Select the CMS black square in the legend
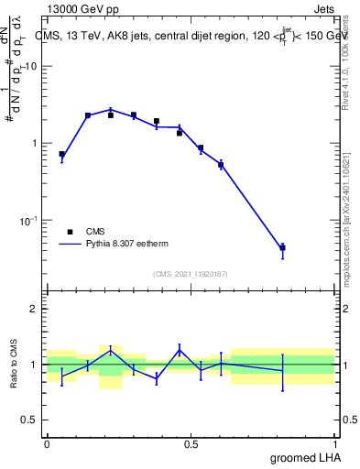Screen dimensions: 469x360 [x=69, y=233]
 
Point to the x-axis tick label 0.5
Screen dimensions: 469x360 [x=191, y=444]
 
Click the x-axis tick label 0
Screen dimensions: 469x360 [x=47, y=444]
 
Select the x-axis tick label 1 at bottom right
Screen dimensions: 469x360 [x=335, y=444]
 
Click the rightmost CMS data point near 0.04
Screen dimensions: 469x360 [x=282, y=247]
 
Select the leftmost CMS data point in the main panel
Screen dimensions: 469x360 [x=61, y=154]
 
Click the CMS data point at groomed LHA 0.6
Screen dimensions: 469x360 [x=221, y=165]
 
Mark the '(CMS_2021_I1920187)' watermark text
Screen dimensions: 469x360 [x=191, y=274]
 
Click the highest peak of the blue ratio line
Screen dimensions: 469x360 [x=111, y=349]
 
